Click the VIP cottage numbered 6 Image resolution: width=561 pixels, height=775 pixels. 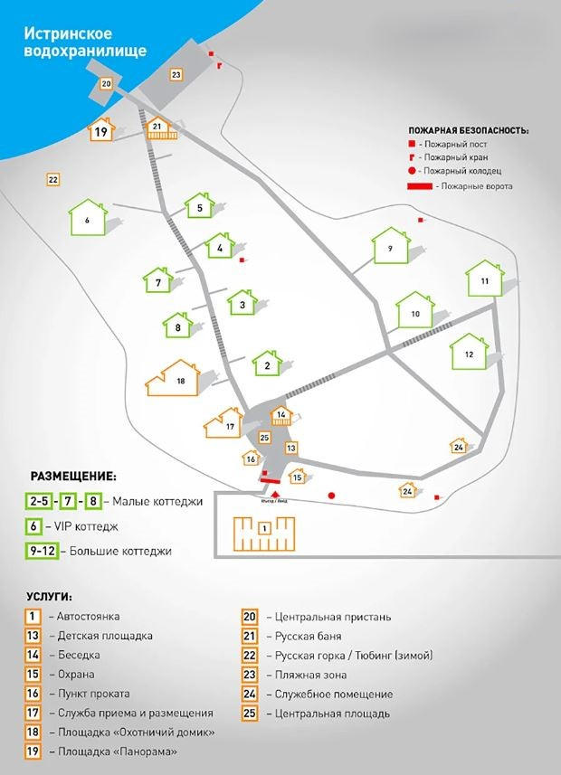tap(89, 219)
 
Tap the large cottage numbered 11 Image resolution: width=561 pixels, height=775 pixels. tap(485, 280)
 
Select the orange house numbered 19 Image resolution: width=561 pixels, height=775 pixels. tap(101, 132)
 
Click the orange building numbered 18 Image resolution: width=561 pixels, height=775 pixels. tap(181, 381)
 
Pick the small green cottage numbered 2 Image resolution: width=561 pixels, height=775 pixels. tap(268, 365)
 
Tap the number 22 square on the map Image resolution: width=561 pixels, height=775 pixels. tap(52, 180)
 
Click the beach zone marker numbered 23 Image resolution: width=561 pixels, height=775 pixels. tap(176, 74)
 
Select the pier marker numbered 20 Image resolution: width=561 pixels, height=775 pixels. tap(107, 85)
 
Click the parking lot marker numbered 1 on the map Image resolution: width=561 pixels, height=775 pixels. tap(264, 527)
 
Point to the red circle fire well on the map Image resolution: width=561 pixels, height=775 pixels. tap(332, 495)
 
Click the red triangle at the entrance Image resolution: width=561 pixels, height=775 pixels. tap(265, 492)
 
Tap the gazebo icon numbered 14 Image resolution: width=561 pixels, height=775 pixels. tap(281, 416)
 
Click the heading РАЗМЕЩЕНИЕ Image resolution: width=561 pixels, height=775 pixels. tap(73, 476)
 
